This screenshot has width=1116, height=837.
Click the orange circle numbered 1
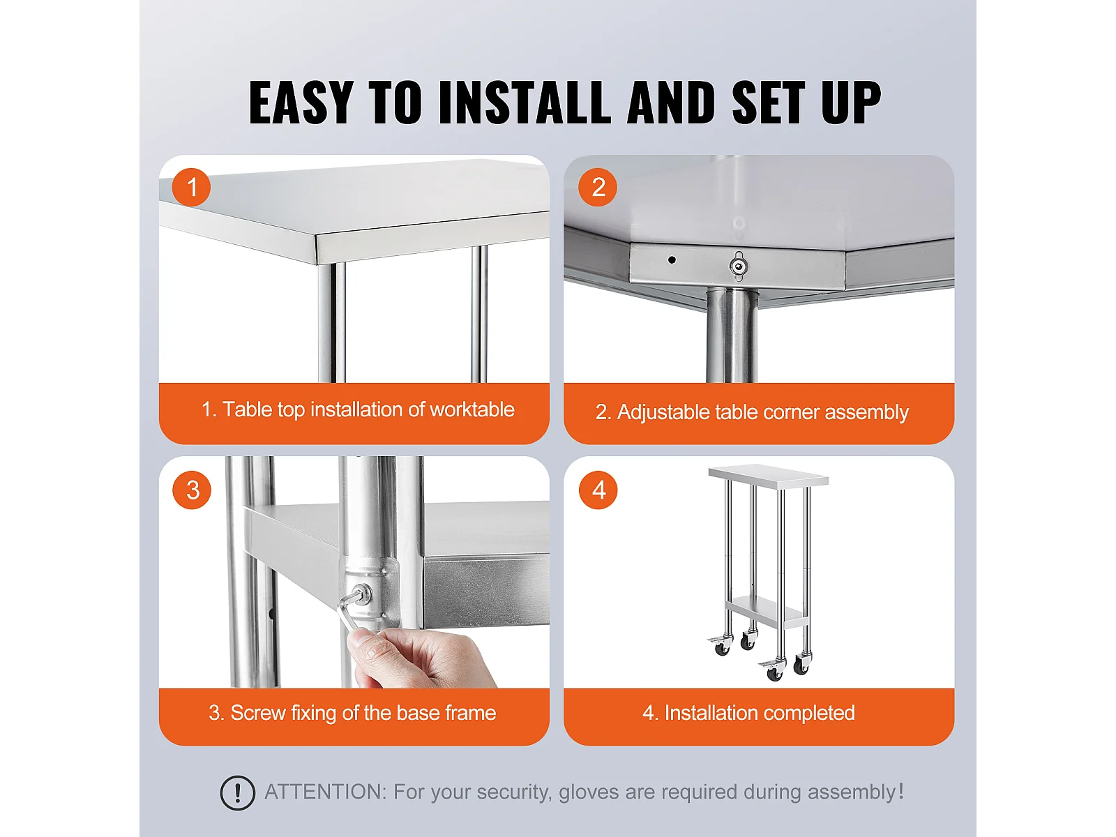coord(191,187)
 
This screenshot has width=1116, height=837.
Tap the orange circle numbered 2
coord(598,187)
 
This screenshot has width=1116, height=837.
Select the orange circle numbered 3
coord(192,490)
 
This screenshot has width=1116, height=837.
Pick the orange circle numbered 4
coord(598,490)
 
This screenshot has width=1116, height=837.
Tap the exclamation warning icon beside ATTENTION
coord(237,792)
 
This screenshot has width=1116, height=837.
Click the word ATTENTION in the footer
coord(326,792)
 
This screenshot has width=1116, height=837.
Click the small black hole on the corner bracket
coord(672,259)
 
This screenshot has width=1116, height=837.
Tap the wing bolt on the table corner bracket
coord(738,266)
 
